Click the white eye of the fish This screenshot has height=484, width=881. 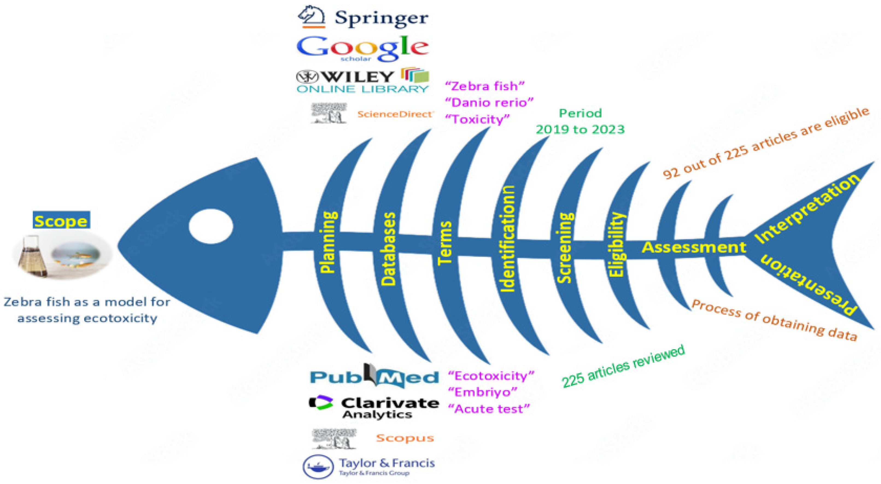click(x=211, y=227)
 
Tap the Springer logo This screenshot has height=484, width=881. click(x=363, y=17)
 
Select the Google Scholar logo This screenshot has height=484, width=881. click(x=362, y=49)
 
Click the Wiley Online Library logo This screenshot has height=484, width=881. click(x=362, y=81)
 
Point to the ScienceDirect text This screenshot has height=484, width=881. click(x=395, y=114)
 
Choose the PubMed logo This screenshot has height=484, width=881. click(x=374, y=376)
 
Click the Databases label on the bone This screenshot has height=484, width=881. click(x=388, y=249)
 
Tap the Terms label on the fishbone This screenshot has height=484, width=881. click(x=445, y=243)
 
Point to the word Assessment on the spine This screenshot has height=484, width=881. click(x=694, y=247)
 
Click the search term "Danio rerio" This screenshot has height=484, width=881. click(x=489, y=102)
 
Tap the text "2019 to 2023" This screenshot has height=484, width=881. click(x=580, y=130)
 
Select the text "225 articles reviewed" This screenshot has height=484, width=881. click(x=623, y=366)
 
